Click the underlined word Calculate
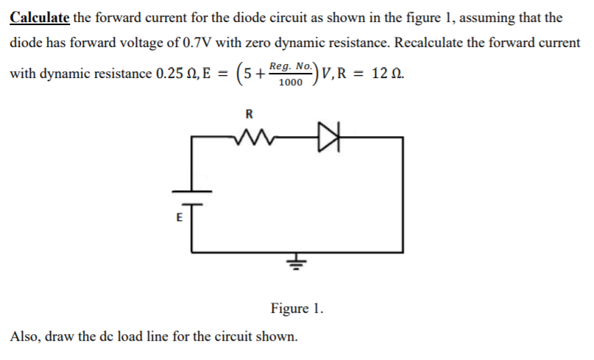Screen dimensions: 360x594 click(x=40, y=16)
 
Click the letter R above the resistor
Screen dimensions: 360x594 click(x=248, y=114)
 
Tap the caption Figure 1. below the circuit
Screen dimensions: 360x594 click(x=297, y=307)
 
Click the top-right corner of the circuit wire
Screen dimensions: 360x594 click(x=402, y=137)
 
